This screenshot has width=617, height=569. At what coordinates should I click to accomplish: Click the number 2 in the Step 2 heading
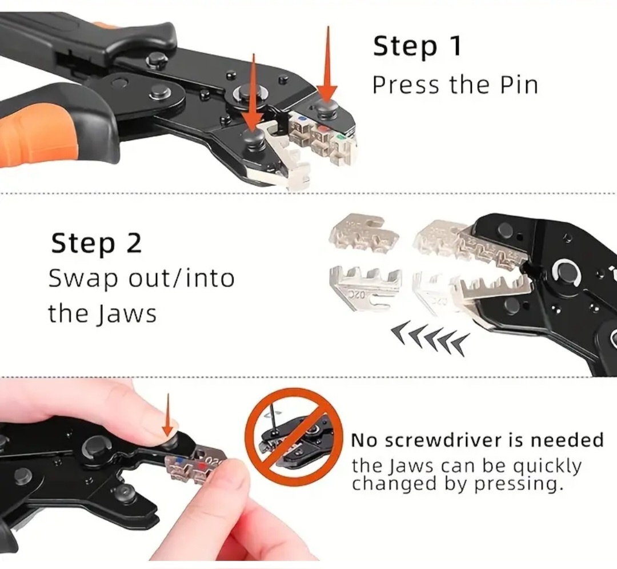point(134,243)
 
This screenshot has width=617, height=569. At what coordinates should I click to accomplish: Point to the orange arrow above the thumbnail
point(168,415)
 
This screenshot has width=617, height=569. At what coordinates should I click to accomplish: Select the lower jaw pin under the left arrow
point(254,138)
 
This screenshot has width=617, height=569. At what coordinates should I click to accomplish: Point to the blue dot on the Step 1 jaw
point(303,118)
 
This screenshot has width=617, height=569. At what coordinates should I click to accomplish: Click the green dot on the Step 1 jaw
point(340,137)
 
